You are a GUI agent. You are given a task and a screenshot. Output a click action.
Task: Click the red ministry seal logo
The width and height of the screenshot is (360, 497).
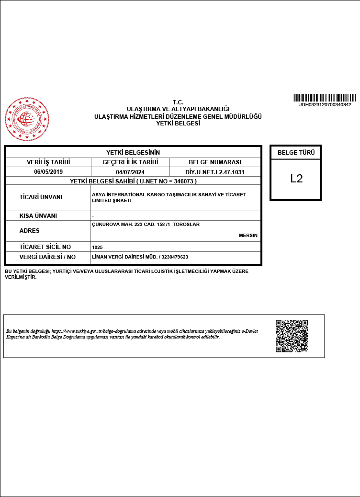(x=27, y=119)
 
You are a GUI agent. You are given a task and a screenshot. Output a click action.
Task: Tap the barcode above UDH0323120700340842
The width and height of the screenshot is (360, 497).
(x=325, y=97)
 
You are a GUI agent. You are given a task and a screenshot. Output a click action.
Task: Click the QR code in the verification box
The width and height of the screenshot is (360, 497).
(x=292, y=336)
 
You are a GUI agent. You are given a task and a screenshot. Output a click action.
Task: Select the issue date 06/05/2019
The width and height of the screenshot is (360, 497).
(x=48, y=171)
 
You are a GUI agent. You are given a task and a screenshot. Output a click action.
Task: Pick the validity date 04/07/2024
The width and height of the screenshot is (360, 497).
(x=130, y=171)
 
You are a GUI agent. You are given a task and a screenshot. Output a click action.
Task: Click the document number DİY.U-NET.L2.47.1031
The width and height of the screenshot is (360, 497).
(x=215, y=171)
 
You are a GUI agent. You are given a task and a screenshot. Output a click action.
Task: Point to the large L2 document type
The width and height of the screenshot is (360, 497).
(x=296, y=179)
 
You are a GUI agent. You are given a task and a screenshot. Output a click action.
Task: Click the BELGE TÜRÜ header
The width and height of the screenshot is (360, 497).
(x=296, y=153)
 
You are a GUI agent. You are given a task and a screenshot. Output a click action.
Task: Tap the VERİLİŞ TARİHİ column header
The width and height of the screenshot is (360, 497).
(x=48, y=162)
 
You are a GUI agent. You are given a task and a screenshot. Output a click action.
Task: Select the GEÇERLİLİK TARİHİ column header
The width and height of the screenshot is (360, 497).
(x=130, y=162)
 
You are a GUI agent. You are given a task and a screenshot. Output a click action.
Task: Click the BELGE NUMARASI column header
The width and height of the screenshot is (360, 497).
(x=215, y=162)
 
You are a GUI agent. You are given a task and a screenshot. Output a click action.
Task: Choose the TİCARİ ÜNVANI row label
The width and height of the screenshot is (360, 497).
(x=41, y=197)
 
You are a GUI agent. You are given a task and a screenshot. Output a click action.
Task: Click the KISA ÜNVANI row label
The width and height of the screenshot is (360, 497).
(x=38, y=216)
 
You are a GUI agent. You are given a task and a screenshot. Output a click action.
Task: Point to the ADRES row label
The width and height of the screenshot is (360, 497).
(x=29, y=231)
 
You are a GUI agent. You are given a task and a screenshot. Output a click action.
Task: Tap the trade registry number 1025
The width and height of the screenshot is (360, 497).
(x=97, y=247)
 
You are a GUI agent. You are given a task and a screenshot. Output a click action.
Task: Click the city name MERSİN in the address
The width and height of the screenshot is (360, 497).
(x=248, y=236)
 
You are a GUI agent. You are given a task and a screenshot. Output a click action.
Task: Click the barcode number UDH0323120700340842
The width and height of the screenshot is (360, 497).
(x=325, y=104)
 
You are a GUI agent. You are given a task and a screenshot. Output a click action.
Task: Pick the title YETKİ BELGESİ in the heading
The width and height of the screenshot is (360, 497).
(x=178, y=123)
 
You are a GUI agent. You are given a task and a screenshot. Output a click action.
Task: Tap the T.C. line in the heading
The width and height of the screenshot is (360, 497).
(x=178, y=102)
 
